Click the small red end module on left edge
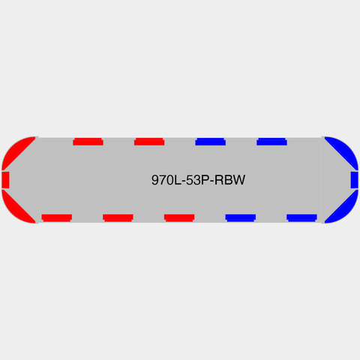tap(5, 180)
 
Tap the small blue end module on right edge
tap(354, 180)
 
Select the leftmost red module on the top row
tap(88, 142)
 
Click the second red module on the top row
tap(149, 142)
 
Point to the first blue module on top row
tap(211, 142)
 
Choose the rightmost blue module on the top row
tap(271, 142)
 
